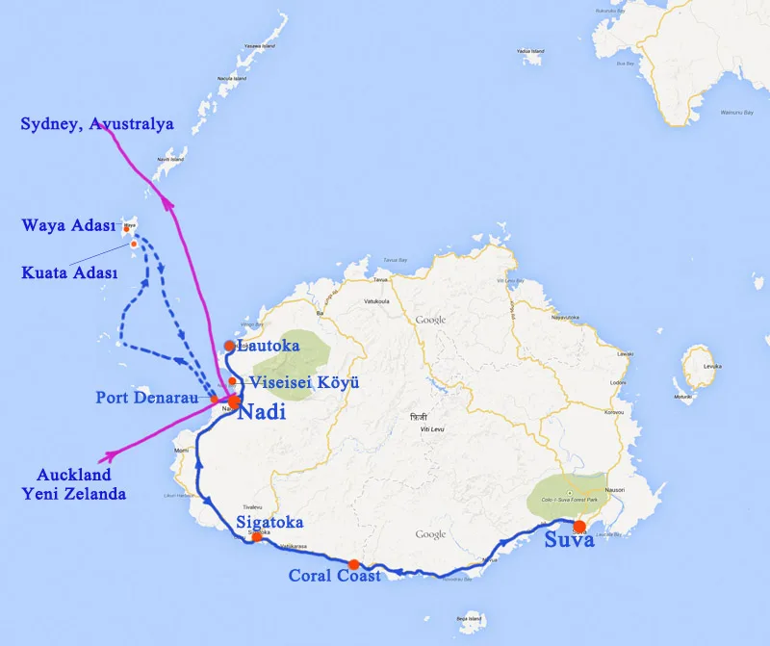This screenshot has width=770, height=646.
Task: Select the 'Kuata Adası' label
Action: pyautogui.click(x=69, y=273)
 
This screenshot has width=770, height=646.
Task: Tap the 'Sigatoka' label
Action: pyautogui.click(x=269, y=523)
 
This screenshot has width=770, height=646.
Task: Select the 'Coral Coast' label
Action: pyautogui.click(x=335, y=576)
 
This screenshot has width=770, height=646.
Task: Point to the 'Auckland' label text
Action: pyautogui.click(x=74, y=475)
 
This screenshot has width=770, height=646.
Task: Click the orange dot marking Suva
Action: pyautogui.click(x=579, y=526)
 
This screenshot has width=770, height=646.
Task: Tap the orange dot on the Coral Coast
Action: pyautogui.click(x=354, y=564)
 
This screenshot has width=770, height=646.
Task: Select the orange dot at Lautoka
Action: pyautogui.click(x=229, y=346)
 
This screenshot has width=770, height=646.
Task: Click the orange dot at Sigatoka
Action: pyautogui.click(x=256, y=536)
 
